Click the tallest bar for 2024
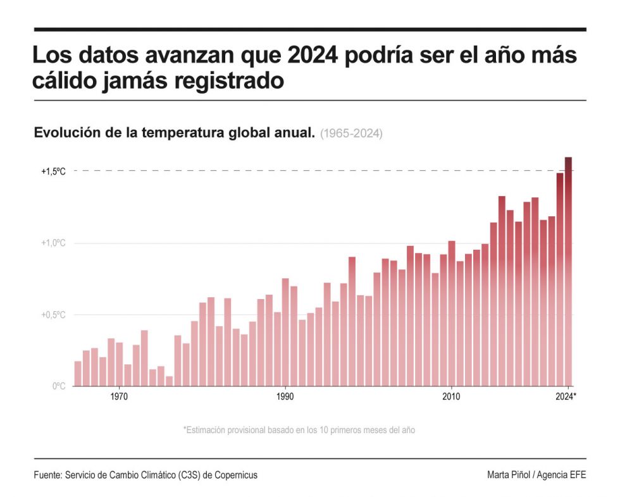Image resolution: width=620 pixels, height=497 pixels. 568,272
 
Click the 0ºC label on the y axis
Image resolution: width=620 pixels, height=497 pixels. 58,386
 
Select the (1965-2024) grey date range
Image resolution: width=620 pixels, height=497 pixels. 351,134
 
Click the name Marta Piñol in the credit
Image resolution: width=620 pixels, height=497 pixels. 510,475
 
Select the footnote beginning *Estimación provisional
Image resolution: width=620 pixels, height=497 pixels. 299,430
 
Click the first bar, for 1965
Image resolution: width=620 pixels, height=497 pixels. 78,373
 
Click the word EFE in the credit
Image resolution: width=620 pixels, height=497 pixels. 578,475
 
